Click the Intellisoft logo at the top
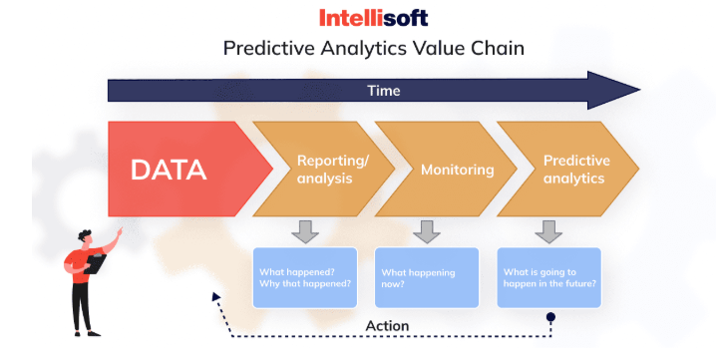pos(374,18)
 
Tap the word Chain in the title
pos(499,48)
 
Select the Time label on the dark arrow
pos(384,91)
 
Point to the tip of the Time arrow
pos(640,91)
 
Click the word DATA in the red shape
pos(169,170)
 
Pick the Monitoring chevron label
pos(457,170)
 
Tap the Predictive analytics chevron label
pos(576,170)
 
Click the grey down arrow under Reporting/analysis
pos(305,231)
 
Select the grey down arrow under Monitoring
pos(427,231)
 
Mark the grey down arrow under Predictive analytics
pos(548,231)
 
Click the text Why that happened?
pos(305,283)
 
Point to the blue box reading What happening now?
pos(427,278)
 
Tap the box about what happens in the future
pos(549,278)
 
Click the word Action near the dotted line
pos(387,326)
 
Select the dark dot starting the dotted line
pos(550,317)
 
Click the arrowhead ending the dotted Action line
pos(215,296)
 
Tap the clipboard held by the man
pos(95,263)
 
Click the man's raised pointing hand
pos(119,231)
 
